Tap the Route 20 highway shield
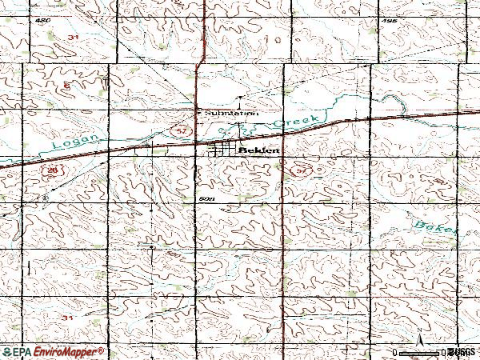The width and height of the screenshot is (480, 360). tap(53, 170)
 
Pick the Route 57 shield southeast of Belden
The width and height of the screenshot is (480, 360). tap(300, 170)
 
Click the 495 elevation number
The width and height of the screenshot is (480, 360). tap(390, 22)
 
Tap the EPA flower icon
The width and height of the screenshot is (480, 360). tap(7, 351)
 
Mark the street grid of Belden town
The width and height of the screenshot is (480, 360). tap(224, 150)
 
